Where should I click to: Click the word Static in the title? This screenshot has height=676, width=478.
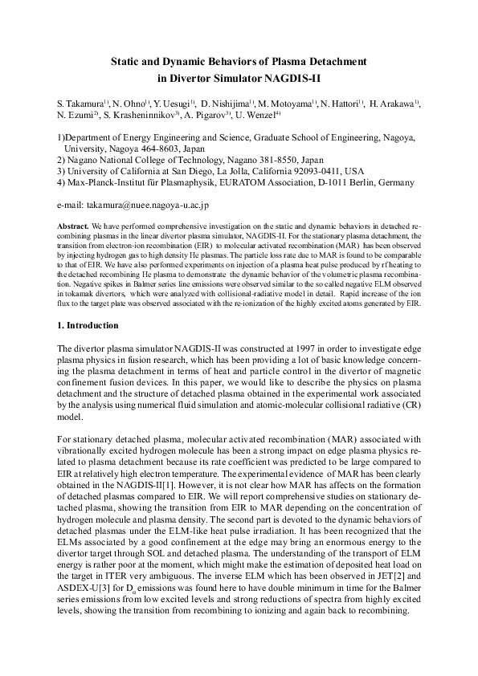point(125,61)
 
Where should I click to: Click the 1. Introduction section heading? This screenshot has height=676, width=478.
point(88,326)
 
